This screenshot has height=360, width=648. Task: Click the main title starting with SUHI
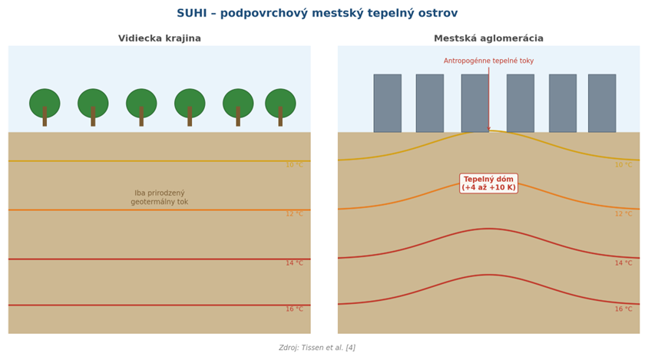point(317,13)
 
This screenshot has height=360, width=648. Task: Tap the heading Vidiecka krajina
point(160,38)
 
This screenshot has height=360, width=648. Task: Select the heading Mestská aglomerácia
point(488,38)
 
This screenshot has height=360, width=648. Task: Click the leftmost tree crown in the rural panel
point(45,103)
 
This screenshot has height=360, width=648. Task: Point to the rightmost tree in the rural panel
point(280,107)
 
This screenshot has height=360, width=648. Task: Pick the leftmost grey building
point(388,104)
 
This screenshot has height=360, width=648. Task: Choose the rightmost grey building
point(602,104)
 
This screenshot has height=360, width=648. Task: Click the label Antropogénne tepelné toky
point(488,61)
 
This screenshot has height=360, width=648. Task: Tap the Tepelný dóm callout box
point(488,183)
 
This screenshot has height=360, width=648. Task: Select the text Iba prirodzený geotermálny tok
point(160,197)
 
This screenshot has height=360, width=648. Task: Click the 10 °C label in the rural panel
point(294,165)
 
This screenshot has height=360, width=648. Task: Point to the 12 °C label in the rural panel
point(294,213)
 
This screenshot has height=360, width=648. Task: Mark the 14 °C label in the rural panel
point(294,263)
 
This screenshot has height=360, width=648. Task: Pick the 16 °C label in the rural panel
point(294,309)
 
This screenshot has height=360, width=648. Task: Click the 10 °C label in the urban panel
point(623,165)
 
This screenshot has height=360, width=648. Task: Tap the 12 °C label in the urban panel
point(623,213)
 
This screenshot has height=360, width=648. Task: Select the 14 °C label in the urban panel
point(623,263)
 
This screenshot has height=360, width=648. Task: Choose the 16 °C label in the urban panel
point(623,309)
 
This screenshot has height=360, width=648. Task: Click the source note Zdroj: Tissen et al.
point(317,348)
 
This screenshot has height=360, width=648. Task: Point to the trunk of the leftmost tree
point(45,117)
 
